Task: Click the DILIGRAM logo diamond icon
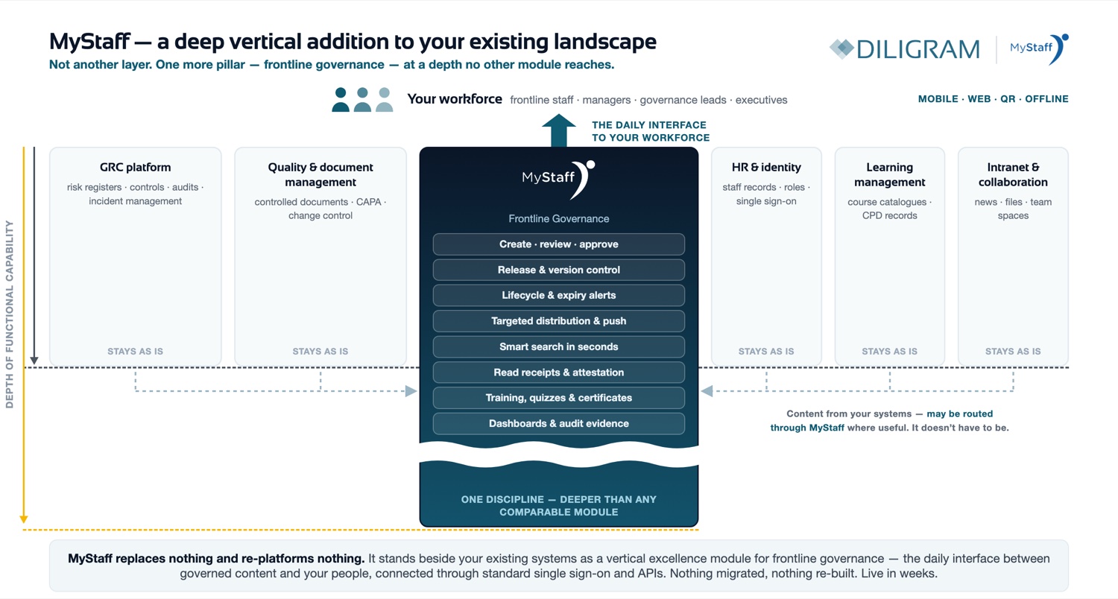[842, 49]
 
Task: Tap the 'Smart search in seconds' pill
[558, 346]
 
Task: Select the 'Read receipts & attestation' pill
[558, 372]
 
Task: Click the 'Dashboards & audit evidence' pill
[558, 423]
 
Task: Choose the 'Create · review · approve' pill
[558, 244]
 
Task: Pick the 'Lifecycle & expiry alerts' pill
[558, 295]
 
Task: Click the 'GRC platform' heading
[135, 167]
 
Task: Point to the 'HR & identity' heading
[766, 167]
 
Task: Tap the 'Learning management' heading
[889, 174]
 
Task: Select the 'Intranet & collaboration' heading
[1013, 174]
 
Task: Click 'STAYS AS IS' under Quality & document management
[320, 351]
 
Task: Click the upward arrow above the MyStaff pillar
[558, 130]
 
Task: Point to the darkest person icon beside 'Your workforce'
[341, 100]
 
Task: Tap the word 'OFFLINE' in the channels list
[1046, 99]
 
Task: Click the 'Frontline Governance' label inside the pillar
[558, 218]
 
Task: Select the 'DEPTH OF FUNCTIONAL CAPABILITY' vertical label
[10, 314]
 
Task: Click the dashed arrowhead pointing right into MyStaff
[411, 391]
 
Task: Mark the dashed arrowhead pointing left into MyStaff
[707, 391]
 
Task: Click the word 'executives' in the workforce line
[761, 100]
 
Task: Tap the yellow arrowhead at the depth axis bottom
[23, 519]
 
